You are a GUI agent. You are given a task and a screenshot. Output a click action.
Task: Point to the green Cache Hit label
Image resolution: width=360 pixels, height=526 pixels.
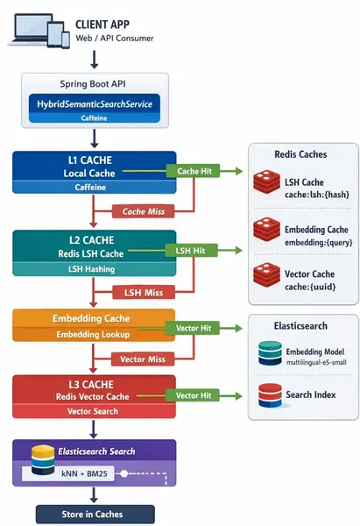(193, 171)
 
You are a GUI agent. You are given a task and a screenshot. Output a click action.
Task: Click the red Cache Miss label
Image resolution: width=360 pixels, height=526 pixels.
(145, 211)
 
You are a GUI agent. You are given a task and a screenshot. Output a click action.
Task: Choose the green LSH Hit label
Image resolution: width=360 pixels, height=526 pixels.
(193, 251)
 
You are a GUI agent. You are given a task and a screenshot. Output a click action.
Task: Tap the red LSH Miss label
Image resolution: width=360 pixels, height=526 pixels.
(145, 291)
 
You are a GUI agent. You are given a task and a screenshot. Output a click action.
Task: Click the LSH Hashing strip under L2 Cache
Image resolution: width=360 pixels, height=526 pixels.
(94, 269)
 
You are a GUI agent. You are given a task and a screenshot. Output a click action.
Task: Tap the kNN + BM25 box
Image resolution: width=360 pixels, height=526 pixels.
(78, 474)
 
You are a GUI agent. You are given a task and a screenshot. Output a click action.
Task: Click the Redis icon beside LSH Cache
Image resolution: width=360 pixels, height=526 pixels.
(265, 183)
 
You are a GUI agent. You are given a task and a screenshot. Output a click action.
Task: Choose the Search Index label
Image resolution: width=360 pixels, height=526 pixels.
(310, 395)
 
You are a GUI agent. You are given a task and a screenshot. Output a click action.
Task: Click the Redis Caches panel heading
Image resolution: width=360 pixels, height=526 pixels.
(302, 154)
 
